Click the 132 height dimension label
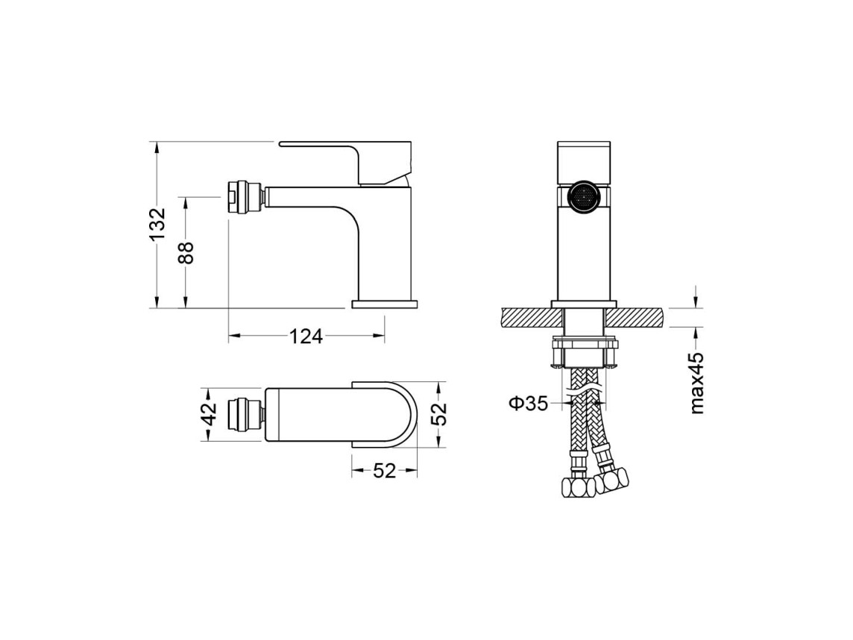click(x=157, y=225)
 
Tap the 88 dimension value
click(x=186, y=253)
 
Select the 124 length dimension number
click(x=305, y=337)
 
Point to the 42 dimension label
click(x=210, y=413)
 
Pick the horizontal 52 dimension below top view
click(x=385, y=471)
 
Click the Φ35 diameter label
click(x=528, y=404)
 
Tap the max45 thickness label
click(x=696, y=383)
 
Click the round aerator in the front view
click(x=583, y=198)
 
